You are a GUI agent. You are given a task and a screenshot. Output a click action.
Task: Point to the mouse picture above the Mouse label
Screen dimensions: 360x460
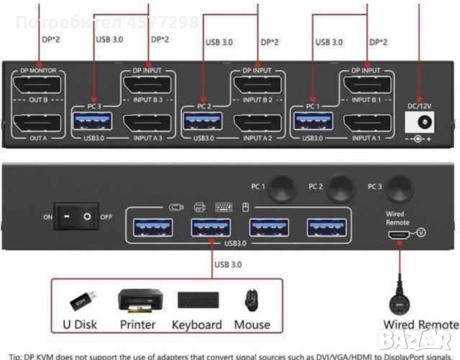[249, 301]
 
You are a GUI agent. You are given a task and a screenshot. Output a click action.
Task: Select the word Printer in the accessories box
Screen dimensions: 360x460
[138, 325]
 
